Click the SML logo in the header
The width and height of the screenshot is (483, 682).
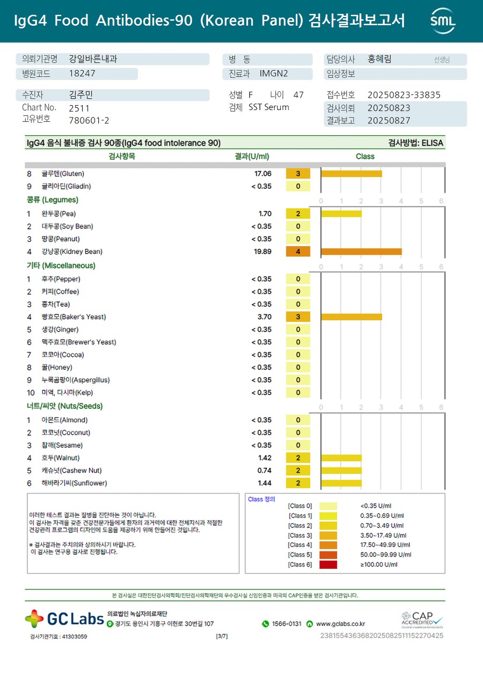(x=443, y=21)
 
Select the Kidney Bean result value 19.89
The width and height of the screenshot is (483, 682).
(x=262, y=252)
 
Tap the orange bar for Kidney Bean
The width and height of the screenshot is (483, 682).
(x=361, y=252)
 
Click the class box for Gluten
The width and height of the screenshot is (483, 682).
(x=298, y=174)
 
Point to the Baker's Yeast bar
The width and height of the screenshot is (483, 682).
(x=352, y=317)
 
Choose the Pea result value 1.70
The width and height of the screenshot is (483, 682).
(x=265, y=214)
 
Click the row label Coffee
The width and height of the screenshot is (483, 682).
(x=60, y=292)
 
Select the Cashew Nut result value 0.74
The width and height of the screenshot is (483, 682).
(x=265, y=471)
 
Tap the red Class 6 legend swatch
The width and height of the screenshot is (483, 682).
(x=328, y=564)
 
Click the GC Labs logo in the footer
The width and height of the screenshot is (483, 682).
(x=64, y=619)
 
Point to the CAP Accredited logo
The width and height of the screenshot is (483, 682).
(x=422, y=620)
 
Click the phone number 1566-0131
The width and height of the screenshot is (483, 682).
(x=287, y=624)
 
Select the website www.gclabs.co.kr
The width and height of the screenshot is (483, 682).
(x=340, y=624)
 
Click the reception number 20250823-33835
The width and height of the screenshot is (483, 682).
(x=404, y=95)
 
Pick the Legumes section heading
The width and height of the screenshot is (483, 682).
(x=53, y=200)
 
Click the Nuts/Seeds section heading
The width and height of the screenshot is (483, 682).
(x=64, y=406)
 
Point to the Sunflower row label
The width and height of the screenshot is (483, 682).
(x=74, y=483)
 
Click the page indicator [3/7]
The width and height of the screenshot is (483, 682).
(x=222, y=636)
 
